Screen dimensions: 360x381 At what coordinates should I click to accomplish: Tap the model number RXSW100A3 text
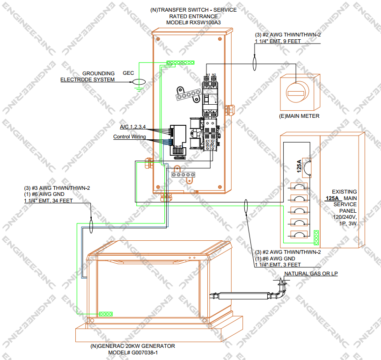click(193, 22)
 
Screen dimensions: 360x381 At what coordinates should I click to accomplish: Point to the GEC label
click(128, 73)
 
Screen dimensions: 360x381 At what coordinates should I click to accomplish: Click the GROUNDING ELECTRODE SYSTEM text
click(88, 77)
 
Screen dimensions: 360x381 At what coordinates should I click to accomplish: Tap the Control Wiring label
click(129, 137)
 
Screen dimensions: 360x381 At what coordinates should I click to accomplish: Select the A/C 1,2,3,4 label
click(133, 127)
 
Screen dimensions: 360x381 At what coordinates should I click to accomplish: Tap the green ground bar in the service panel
click(317, 238)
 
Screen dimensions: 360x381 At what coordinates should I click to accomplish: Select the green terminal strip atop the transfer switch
click(181, 62)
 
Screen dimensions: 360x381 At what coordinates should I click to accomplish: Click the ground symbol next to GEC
click(139, 83)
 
